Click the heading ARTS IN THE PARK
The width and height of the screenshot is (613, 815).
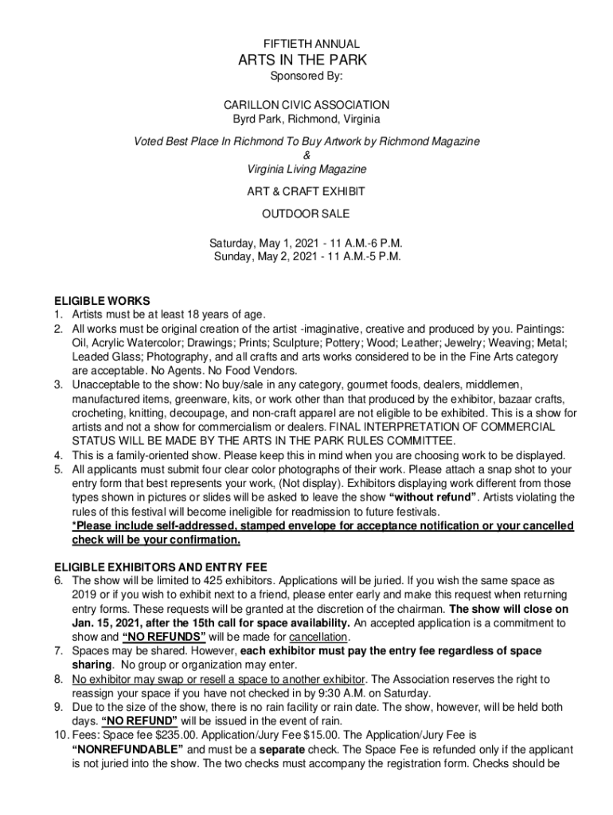(306, 60)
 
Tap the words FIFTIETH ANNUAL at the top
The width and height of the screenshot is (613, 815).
(306, 44)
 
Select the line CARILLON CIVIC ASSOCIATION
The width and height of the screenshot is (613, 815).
(306, 105)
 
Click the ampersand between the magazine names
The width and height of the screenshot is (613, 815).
(306, 155)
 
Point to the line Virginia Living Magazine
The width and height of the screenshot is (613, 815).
(306, 170)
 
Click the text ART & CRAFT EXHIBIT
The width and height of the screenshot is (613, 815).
(306, 192)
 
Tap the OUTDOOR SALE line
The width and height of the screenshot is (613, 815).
(306, 214)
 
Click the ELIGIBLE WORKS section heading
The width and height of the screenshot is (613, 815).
(101, 301)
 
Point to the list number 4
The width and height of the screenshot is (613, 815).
(58, 455)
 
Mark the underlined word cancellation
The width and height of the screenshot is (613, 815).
(318, 638)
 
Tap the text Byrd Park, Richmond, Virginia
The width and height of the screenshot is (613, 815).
(306, 119)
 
